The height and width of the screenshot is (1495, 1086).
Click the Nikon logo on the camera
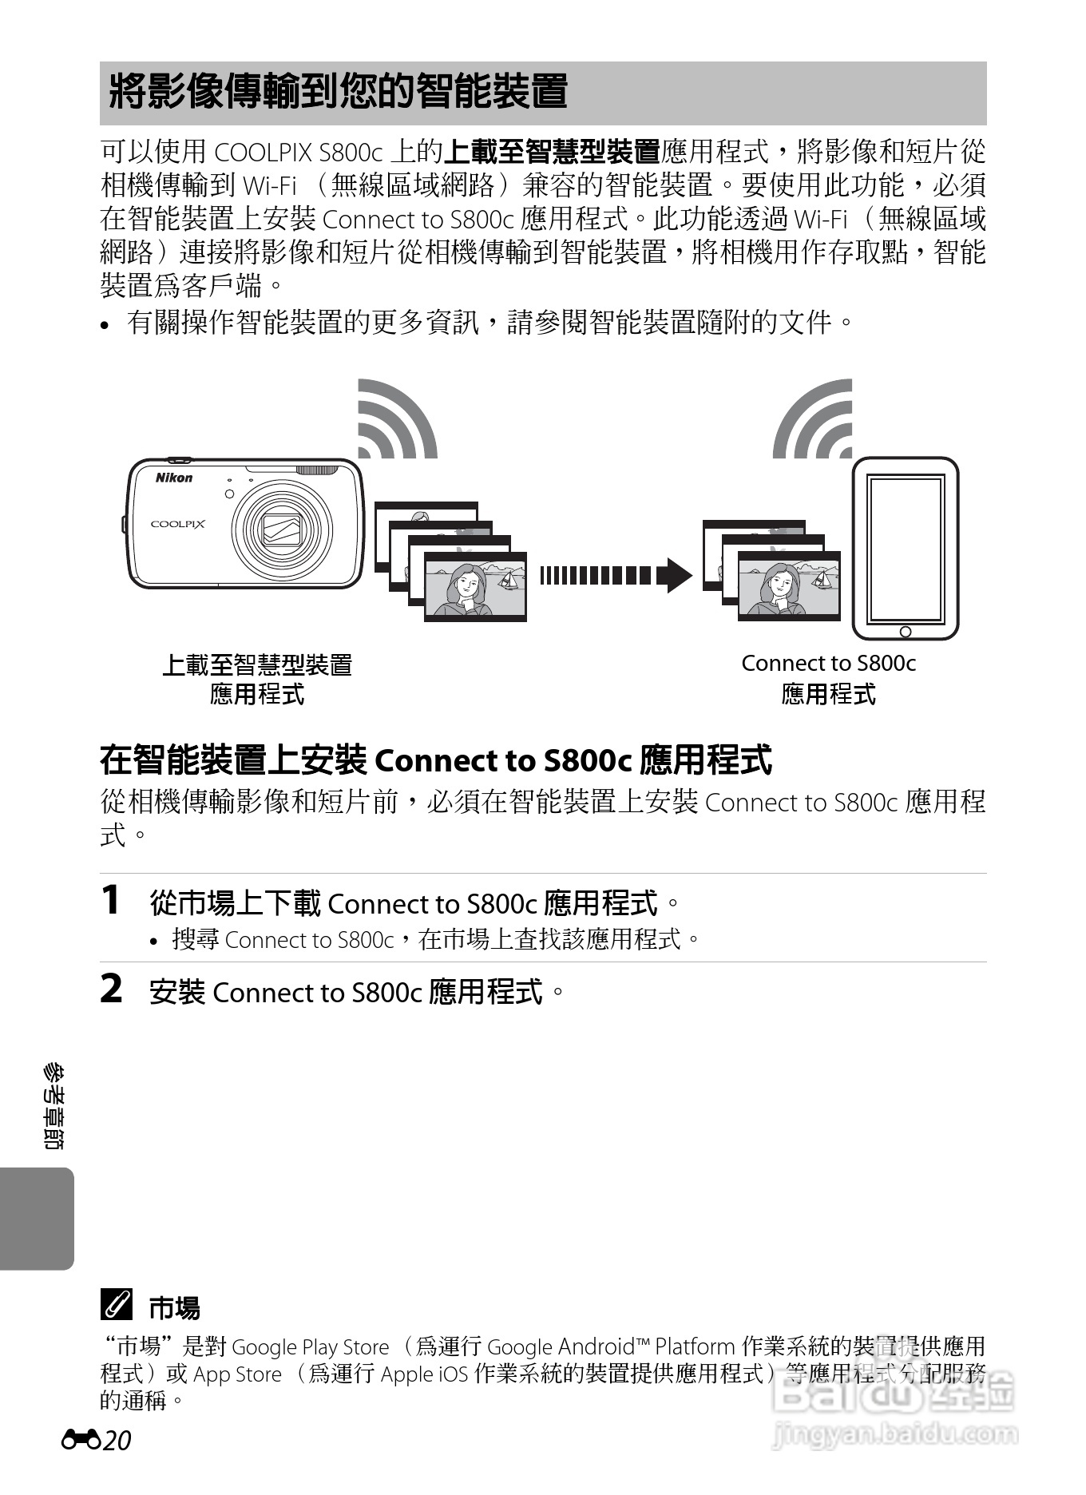(173, 478)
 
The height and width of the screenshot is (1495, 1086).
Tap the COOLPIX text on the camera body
(178, 525)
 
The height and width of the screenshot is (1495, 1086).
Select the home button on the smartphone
(905, 632)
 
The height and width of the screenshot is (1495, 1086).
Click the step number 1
(111, 901)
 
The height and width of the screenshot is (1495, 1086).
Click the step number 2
(111, 989)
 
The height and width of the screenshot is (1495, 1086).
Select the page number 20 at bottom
(117, 1441)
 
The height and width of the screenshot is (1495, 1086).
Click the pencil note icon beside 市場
(116, 1306)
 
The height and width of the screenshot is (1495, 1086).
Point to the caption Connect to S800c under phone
(828, 664)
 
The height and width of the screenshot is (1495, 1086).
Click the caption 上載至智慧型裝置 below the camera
(257, 664)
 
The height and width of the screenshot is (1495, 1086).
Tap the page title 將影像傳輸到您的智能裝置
(338, 91)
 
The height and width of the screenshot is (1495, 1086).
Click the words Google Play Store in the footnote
(310, 1347)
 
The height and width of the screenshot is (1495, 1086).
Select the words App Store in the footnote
(238, 1374)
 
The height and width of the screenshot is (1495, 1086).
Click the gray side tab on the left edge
(36, 1219)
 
